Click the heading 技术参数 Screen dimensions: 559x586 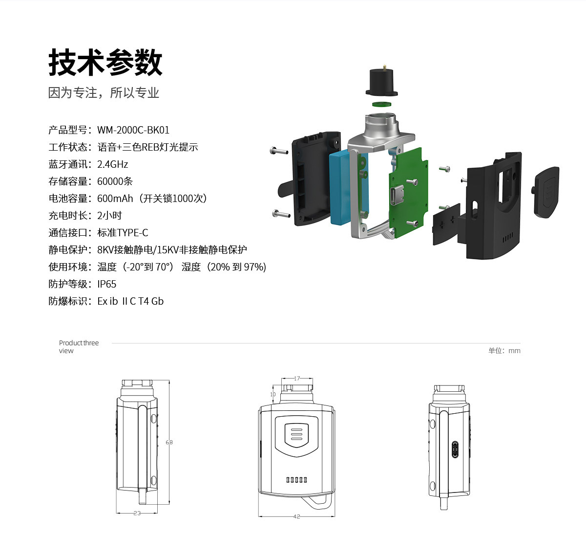pyautogui.click(x=105, y=63)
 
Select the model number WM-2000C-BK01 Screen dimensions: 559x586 pyautogui.click(x=133, y=130)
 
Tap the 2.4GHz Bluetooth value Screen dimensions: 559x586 pyautogui.click(x=112, y=164)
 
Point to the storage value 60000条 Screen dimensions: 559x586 pyautogui.click(x=115, y=181)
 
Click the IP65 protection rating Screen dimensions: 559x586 pyautogui.click(x=106, y=284)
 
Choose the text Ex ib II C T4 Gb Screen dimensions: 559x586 pyautogui.click(x=130, y=301)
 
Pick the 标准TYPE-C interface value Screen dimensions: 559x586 pyautogui.click(x=123, y=233)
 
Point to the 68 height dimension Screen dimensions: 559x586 pyautogui.click(x=169, y=442)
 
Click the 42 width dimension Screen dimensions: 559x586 pyautogui.click(x=296, y=516)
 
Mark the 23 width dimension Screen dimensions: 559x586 pyautogui.click(x=137, y=513)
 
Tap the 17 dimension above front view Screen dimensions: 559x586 pyautogui.click(x=297, y=379)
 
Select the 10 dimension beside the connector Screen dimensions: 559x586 pyautogui.click(x=272, y=394)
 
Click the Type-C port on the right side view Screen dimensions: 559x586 pyautogui.click(x=455, y=449)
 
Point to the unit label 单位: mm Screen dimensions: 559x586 pyautogui.click(x=504, y=351)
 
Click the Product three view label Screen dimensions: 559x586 pyautogui.click(x=79, y=347)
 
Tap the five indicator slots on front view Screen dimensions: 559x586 pyautogui.click(x=296, y=479)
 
